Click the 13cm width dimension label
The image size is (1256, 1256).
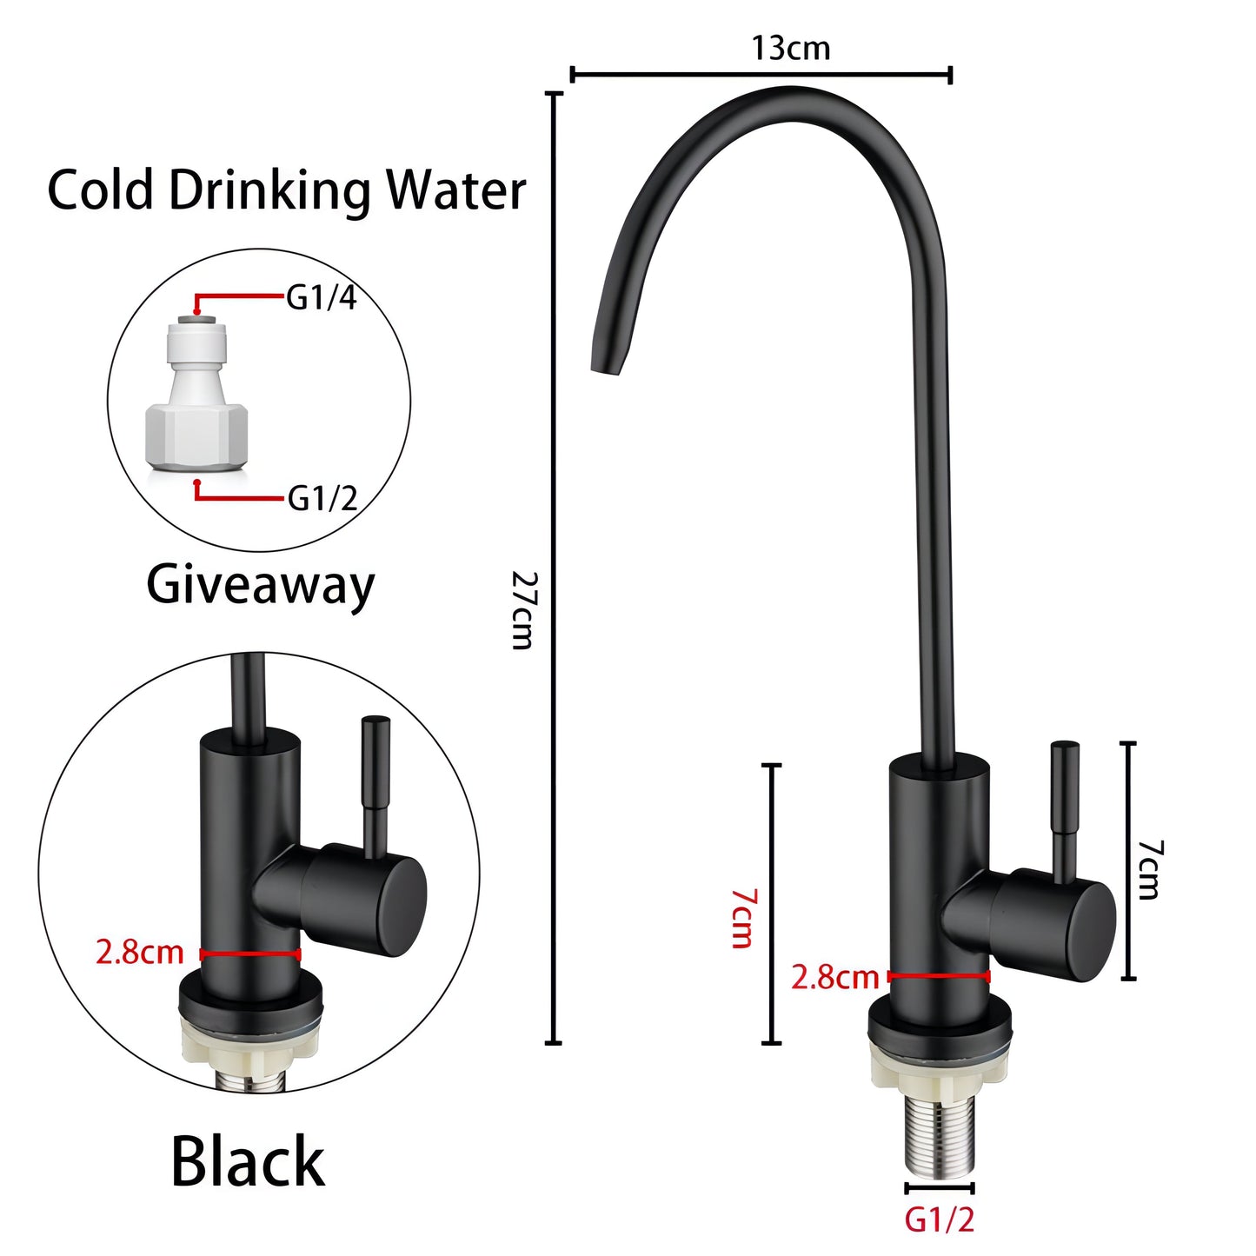click(x=790, y=48)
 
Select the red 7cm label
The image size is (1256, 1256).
click(x=743, y=918)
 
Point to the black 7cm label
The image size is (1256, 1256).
click(x=1150, y=870)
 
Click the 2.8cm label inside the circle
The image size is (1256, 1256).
click(x=139, y=953)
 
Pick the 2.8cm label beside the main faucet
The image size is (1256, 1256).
click(x=834, y=978)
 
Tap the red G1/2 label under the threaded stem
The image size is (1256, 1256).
click(x=940, y=1220)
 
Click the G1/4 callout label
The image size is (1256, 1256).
click(x=322, y=298)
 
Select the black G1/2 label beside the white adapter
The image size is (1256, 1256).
click(x=322, y=499)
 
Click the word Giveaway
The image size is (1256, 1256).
click(x=260, y=586)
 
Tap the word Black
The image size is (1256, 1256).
click(x=248, y=1162)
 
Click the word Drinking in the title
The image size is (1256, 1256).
click(x=269, y=191)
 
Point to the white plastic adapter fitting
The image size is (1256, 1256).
click(x=197, y=399)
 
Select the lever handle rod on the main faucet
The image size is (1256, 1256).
click(x=1065, y=808)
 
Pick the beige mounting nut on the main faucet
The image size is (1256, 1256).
click(x=940, y=1063)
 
